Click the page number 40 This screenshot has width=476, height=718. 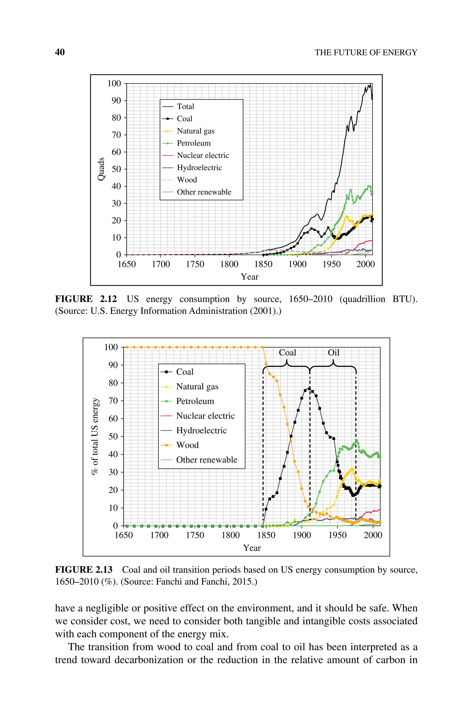(x=60, y=52)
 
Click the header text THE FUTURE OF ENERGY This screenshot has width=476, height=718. (x=366, y=52)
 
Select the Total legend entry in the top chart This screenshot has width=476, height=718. (x=185, y=106)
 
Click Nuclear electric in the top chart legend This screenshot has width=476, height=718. (x=203, y=155)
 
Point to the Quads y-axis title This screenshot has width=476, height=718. (x=101, y=169)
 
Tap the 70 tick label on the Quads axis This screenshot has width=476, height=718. (x=116, y=135)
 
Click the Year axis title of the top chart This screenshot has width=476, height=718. (x=250, y=277)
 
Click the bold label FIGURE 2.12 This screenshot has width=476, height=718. (x=86, y=299)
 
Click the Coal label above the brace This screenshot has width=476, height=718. (x=287, y=353)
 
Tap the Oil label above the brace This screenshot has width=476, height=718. (x=333, y=353)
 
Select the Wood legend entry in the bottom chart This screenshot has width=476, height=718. (x=187, y=445)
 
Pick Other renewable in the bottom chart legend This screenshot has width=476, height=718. (x=206, y=460)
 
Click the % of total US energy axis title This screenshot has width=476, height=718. (x=95, y=436)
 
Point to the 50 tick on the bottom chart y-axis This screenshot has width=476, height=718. (x=113, y=436)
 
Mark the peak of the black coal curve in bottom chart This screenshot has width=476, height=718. (x=309, y=388)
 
